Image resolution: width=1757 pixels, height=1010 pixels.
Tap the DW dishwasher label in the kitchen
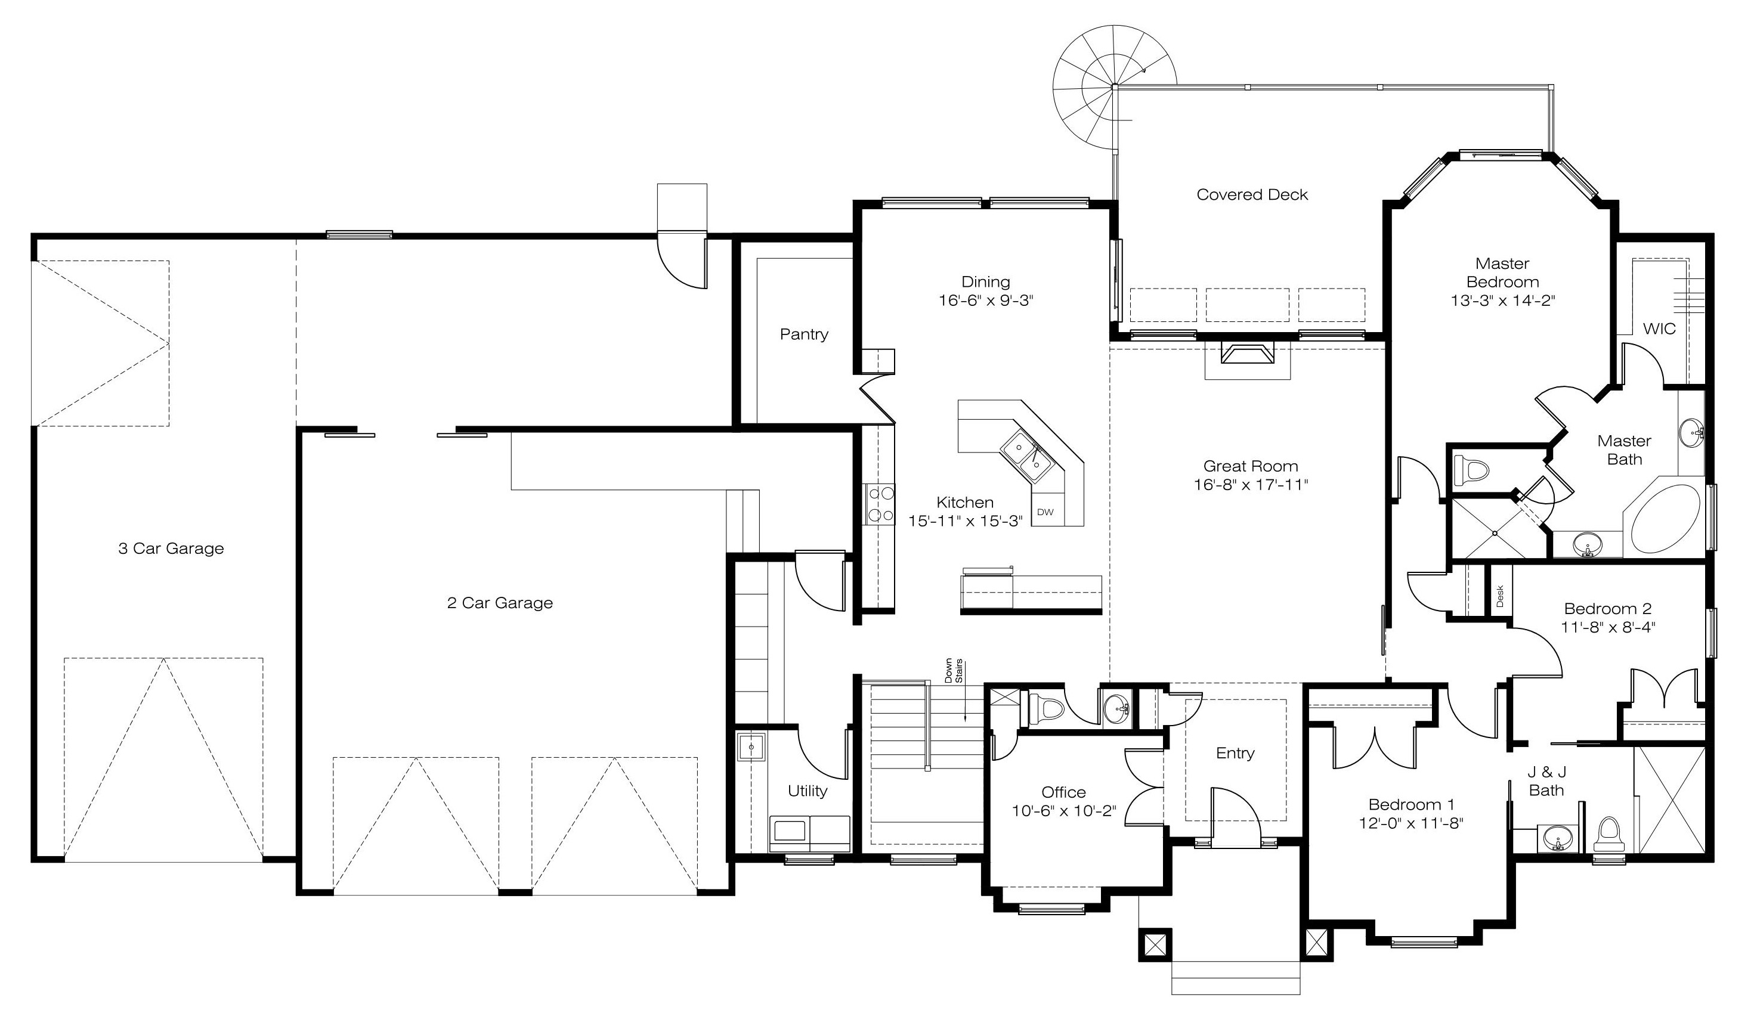tap(1045, 513)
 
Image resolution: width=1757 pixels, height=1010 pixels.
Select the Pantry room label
tap(805, 334)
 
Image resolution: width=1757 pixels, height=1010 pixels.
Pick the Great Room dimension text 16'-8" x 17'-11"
tap(1251, 485)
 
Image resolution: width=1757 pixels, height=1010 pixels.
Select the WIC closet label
tap(1659, 329)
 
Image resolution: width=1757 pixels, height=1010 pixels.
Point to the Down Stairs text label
tap(954, 671)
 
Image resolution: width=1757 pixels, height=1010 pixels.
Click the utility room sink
tap(751, 748)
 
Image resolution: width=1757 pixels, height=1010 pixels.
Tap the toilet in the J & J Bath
tap(1608, 835)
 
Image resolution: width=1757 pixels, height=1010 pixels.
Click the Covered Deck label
tap(1252, 195)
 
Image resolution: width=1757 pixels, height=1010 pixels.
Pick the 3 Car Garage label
tap(171, 549)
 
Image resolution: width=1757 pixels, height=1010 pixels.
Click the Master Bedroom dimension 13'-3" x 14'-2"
tap(1503, 301)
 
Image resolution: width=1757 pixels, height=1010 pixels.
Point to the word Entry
tap(1235, 754)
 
